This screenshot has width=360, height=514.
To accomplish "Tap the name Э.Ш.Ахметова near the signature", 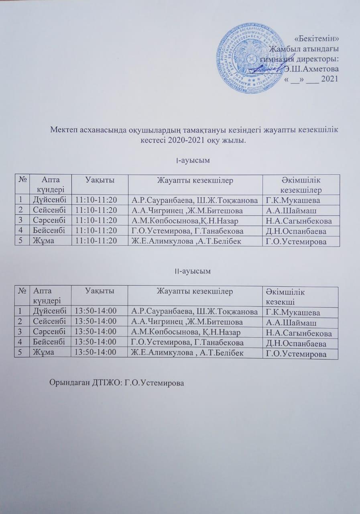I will pos(311,69).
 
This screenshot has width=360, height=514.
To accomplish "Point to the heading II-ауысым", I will pos(193,271).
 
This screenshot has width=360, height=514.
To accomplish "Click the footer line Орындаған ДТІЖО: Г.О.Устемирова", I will pos(116,383).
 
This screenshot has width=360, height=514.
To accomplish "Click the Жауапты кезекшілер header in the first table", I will pos(195,180).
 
